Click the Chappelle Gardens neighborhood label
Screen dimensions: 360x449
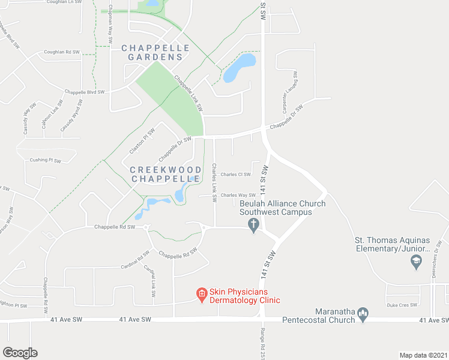tap(155, 52)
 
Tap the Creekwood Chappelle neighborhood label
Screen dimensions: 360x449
tap(165, 174)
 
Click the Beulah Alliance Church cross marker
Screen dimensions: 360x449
tap(253, 224)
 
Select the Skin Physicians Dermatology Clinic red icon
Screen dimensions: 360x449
tap(202, 294)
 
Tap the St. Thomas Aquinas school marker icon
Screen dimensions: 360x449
tap(415, 260)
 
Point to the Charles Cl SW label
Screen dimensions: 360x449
tap(235, 175)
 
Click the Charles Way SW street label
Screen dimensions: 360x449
tap(238, 195)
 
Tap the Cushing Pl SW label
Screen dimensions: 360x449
tap(46, 160)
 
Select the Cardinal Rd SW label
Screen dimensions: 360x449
tap(134, 259)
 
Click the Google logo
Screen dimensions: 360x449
tap(20, 353)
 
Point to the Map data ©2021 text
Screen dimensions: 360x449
tap(423, 355)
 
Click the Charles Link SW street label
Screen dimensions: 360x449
tap(215, 183)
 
